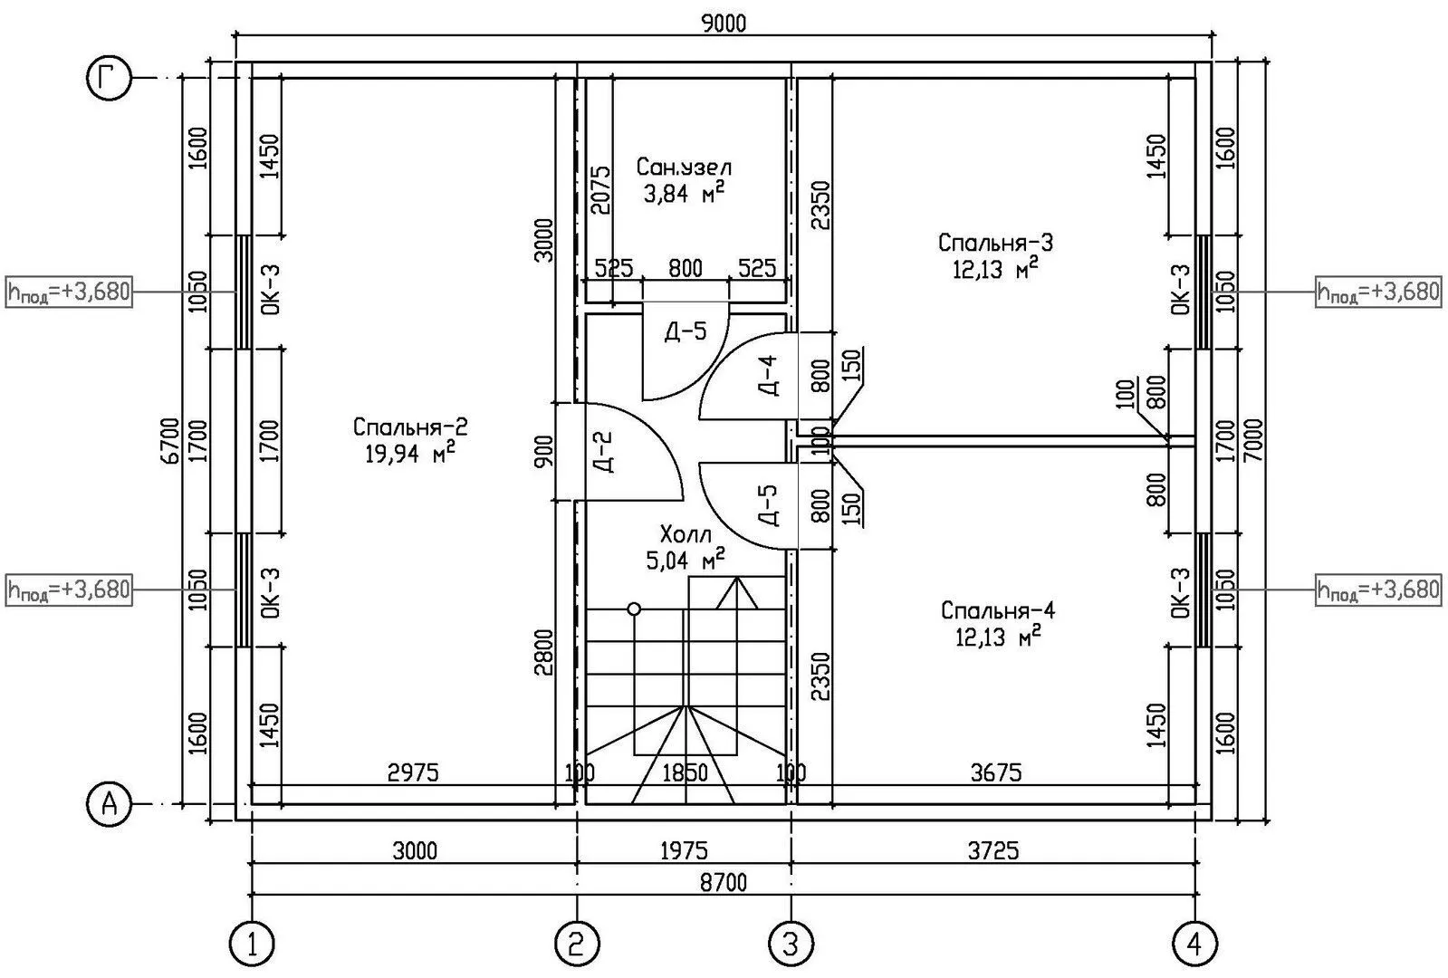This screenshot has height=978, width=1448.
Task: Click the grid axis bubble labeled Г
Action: click(x=110, y=78)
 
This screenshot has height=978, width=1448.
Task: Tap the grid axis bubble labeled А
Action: click(x=110, y=805)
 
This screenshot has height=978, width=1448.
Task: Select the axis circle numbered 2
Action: click(x=577, y=944)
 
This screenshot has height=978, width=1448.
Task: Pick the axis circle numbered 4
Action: click(x=1194, y=944)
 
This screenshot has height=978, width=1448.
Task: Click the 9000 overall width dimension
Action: click(x=724, y=24)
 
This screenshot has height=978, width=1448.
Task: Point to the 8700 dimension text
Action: click(x=724, y=882)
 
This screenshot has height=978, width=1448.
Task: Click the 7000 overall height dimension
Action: click(x=1252, y=440)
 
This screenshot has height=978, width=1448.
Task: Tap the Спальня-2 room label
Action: click(x=410, y=427)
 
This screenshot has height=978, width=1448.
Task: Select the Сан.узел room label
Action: click(x=685, y=167)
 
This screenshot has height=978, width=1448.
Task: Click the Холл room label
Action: click(x=686, y=534)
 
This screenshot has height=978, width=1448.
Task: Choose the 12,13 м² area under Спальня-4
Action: click(x=998, y=638)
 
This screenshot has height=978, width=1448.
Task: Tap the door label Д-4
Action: click(x=768, y=376)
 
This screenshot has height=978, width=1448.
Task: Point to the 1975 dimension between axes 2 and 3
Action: click(x=684, y=850)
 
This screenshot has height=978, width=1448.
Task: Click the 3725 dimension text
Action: click(x=993, y=850)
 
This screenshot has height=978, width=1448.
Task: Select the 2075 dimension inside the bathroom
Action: click(x=599, y=190)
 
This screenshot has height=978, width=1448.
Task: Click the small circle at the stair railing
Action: click(x=634, y=609)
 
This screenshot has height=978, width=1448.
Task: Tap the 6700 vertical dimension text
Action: click(x=169, y=440)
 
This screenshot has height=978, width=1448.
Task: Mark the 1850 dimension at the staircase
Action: click(x=686, y=772)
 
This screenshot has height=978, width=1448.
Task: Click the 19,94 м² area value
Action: click(x=410, y=453)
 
